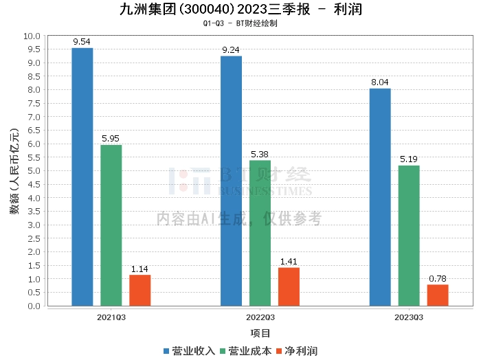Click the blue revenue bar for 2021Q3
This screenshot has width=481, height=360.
[x=82, y=177]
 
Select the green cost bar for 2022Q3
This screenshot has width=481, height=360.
[x=260, y=233]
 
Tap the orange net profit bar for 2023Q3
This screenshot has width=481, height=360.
[x=438, y=295]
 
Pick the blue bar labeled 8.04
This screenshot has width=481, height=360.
[x=380, y=197]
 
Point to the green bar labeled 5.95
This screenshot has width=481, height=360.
[x=111, y=225]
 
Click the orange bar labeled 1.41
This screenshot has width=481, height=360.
[x=289, y=286]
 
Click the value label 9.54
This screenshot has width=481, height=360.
[x=82, y=42]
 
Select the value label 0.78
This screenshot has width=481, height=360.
[x=438, y=279]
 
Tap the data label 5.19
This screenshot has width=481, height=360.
[x=409, y=159]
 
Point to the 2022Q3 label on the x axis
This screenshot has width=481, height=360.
[x=260, y=317]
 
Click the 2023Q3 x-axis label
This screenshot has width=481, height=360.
[x=409, y=317]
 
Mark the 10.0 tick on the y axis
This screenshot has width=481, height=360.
[x=32, y=36]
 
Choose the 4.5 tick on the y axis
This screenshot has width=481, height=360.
[x=34, y=185]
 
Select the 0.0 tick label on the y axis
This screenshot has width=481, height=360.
[x=34, y=306]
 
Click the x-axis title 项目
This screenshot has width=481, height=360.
[x=260, y=333]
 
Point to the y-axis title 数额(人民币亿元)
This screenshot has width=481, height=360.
[x=14, y=171]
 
